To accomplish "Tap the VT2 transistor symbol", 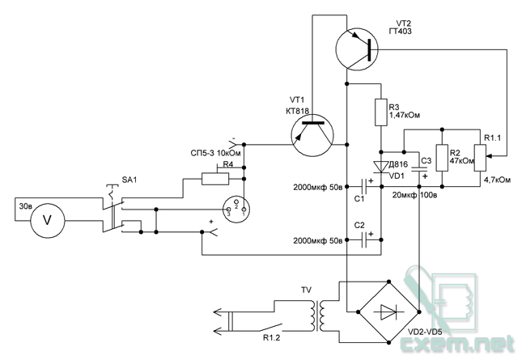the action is pyautogui.click(x=357, y=49).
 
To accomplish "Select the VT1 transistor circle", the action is pyautogui.click(x=312, y=135).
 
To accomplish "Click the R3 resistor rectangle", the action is pyautogui.click(x=381, y=112).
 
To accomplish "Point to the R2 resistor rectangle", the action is pyautogui.click(x=442, y=158).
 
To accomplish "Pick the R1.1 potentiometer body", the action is pyautogui.click(x=481, y=158).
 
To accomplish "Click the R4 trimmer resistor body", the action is pyautogui.click(x=215, y=179).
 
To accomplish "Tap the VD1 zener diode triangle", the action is pyautogui.click(x=381, y=167).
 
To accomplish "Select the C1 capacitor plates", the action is pyautogui.click(x=364, y=187).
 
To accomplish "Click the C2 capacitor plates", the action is pyautogui.click(x=364, y=240).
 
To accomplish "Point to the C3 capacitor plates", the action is pyautogui.click(x=419, y=169).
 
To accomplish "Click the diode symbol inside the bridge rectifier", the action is pyautogui.click(x=388, y=312).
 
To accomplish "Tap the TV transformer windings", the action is pyautogui.click(x=318, y=316).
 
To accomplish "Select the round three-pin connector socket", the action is pyautogui.click(x=237, y=208).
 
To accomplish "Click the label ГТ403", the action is pyautogui.click(x=401, y=32).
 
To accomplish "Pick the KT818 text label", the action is pyautogui.click(x=298, y=111).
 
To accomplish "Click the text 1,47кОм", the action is pyautogui.click(x=405, y=115).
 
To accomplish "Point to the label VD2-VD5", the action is pyautogui.click(x=425, y=332).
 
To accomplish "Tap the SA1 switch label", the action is pyautogui.click(x=129, y=180).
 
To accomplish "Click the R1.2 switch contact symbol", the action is pyautogui.click(x=269, y=327).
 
